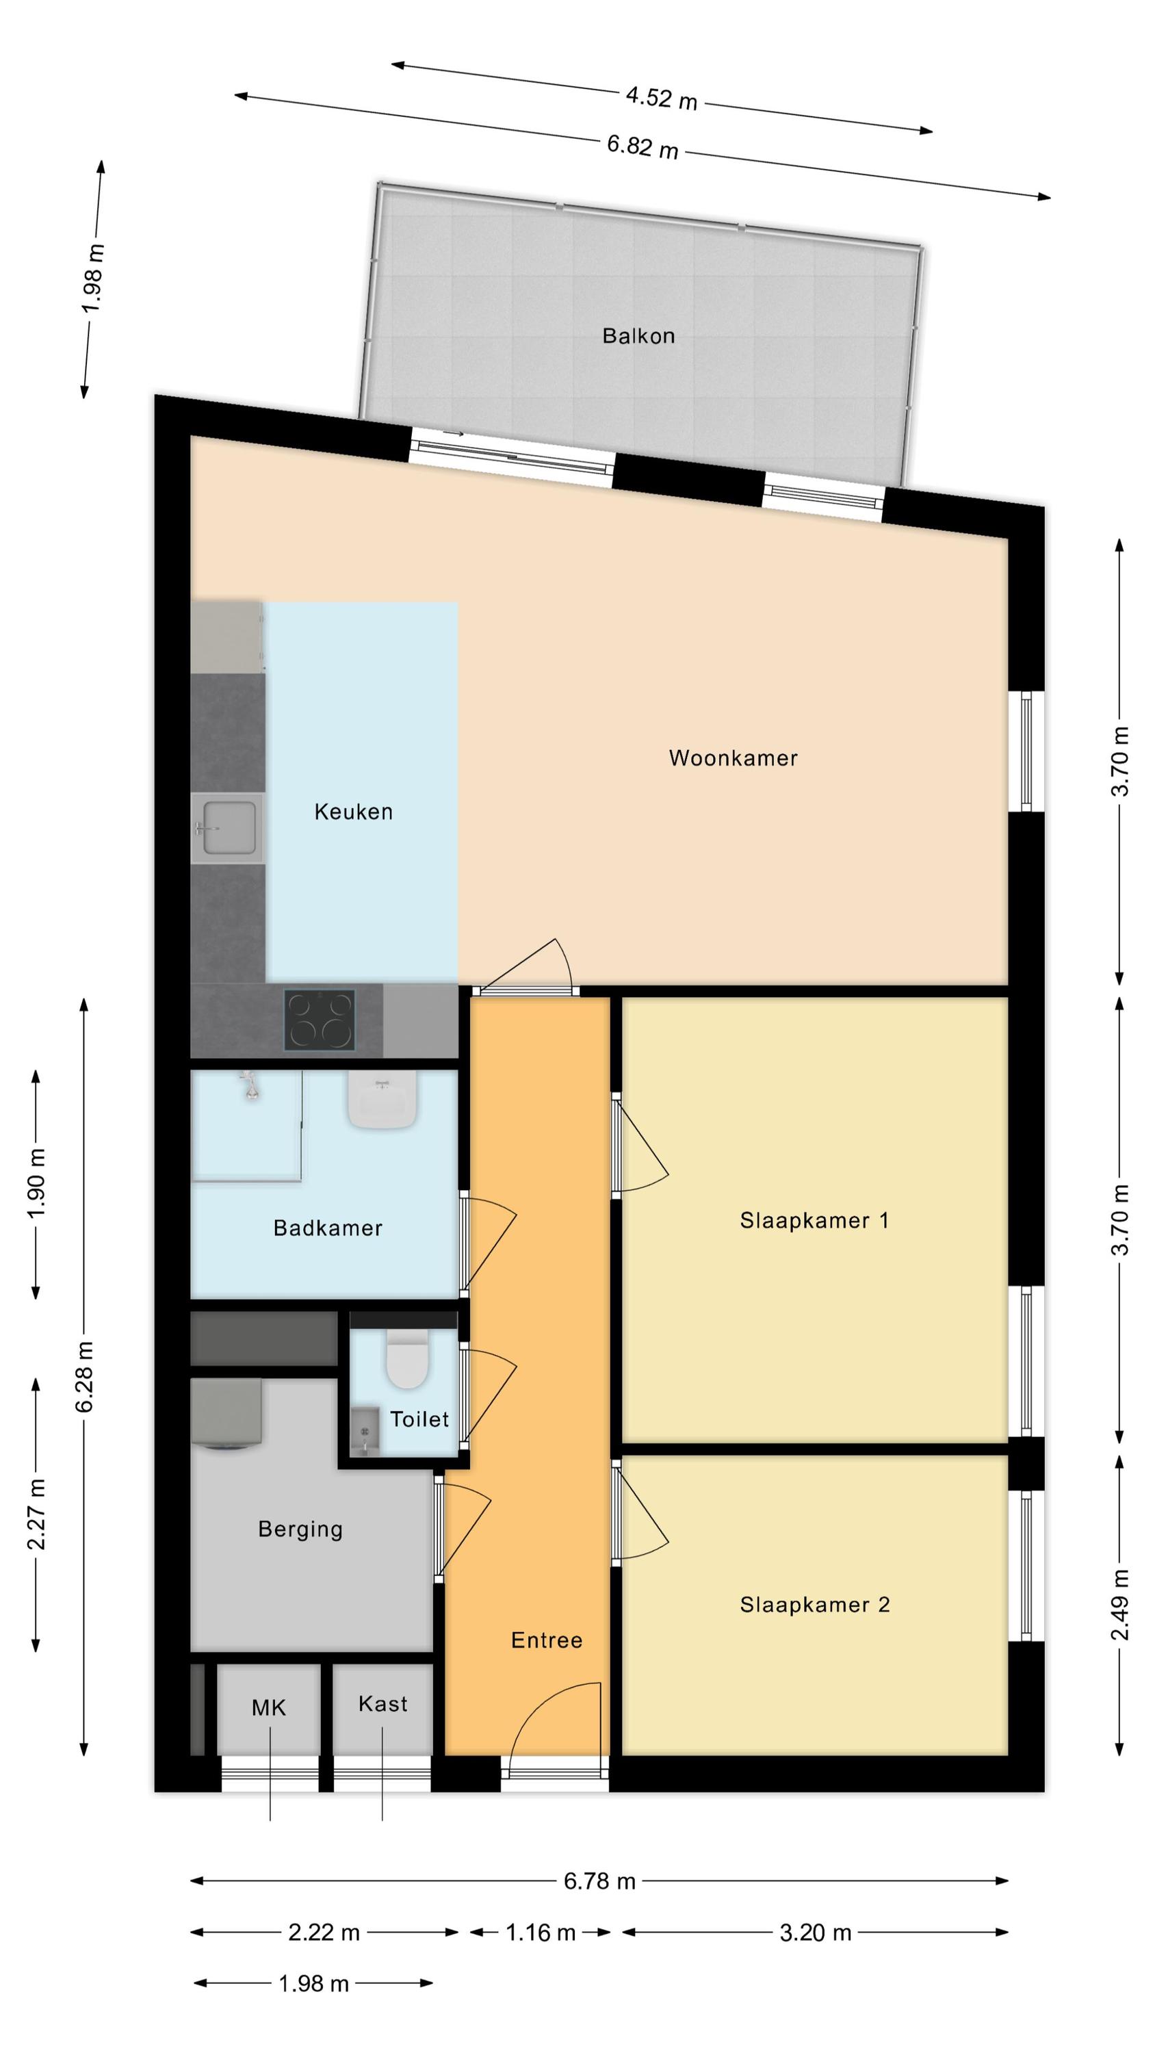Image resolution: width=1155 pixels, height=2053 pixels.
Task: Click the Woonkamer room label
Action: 733,758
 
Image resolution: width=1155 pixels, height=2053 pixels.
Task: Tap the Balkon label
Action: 638,335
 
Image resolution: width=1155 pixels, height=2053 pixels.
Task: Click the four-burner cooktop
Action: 320,1020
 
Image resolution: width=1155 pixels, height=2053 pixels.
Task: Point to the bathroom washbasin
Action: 382,1099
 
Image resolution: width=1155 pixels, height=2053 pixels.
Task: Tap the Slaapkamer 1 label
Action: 814,1220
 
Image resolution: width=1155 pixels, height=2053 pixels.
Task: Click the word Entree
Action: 547,1640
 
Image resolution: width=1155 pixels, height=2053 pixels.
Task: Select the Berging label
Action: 300,1529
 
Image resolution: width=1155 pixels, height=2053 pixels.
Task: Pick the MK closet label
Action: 269,1708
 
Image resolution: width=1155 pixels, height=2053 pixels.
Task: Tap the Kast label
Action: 382,1704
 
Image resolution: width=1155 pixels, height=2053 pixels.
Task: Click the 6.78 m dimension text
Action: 599,1881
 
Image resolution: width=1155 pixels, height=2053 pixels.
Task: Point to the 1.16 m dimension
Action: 541,1933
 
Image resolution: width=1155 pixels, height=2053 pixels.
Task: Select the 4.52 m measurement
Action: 662,98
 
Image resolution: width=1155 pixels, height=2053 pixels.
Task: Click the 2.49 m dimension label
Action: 1120,1605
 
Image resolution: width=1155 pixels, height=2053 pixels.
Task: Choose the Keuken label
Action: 353,812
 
